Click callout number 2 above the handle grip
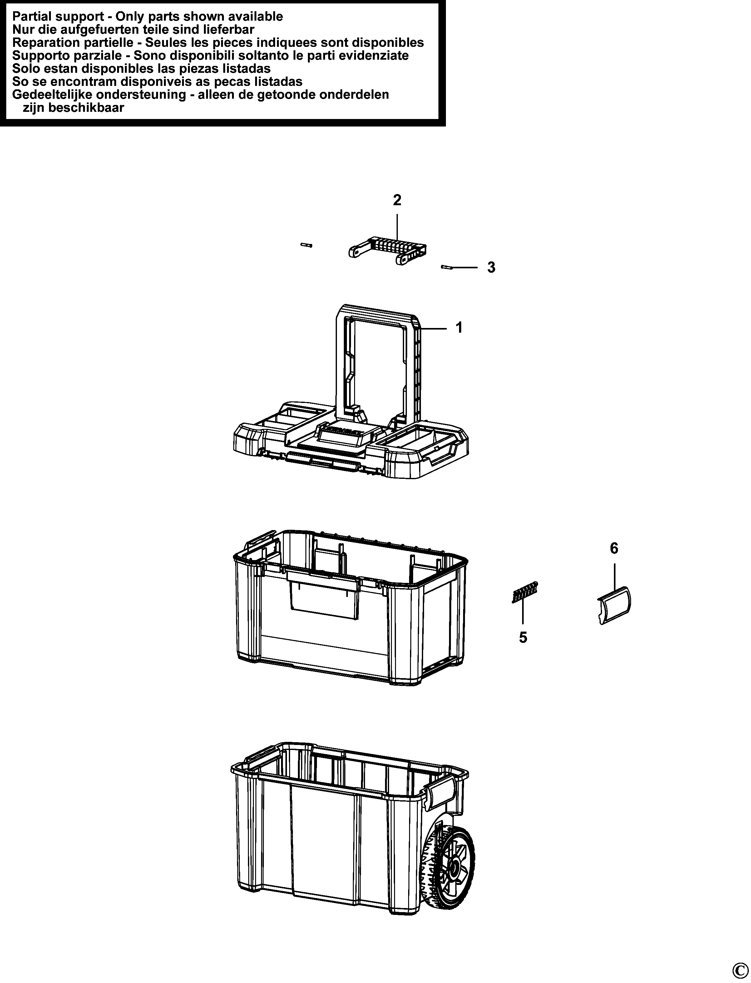click(397, 200)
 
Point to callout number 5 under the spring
click(523, 637)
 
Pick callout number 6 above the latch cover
click(614, 548)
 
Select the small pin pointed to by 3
click(447, 267)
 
